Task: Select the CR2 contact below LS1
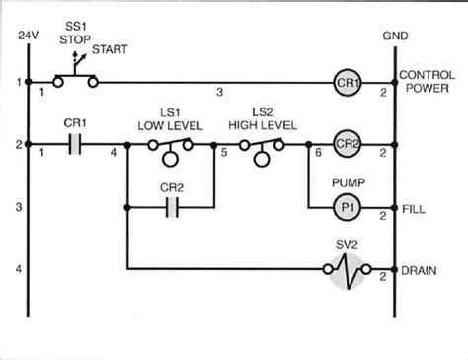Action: [x=171, y=208]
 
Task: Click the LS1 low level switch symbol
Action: [x=171, y=148]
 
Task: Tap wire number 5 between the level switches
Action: [x=224, y=154]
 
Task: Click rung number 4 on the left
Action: [x=18, y=268]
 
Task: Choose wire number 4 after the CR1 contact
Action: [x=115, y=154]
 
